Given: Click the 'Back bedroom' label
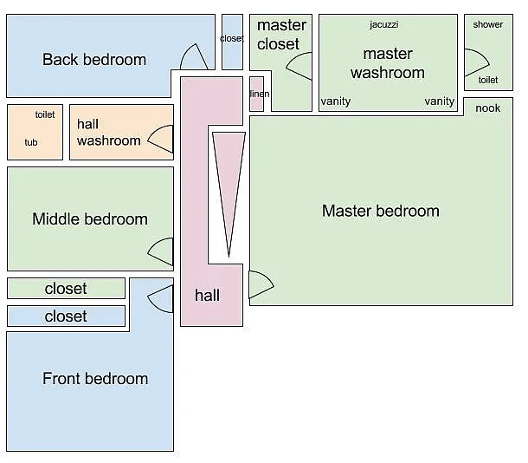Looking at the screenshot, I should coord(94,60).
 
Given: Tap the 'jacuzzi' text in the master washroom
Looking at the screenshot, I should coord(383,24).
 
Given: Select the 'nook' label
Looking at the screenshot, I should coord(488,108).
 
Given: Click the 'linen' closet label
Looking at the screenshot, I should coord(257,94).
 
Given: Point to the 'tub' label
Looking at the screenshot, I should coord(31,142).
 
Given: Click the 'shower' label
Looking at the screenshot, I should coord(487,24).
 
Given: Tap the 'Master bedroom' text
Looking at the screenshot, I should coord(380,211).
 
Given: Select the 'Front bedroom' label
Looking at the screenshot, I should coord(95,379).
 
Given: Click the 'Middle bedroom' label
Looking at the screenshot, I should coord(90,219).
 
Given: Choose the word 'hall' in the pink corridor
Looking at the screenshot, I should coord(207,296).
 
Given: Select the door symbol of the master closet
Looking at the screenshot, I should coord(299,67).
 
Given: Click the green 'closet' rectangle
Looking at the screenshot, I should coord(66,288).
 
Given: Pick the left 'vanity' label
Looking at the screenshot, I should coord(336,101).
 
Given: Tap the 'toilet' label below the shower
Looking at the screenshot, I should coord(487,80).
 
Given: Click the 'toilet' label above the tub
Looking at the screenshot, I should coord(45,114).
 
